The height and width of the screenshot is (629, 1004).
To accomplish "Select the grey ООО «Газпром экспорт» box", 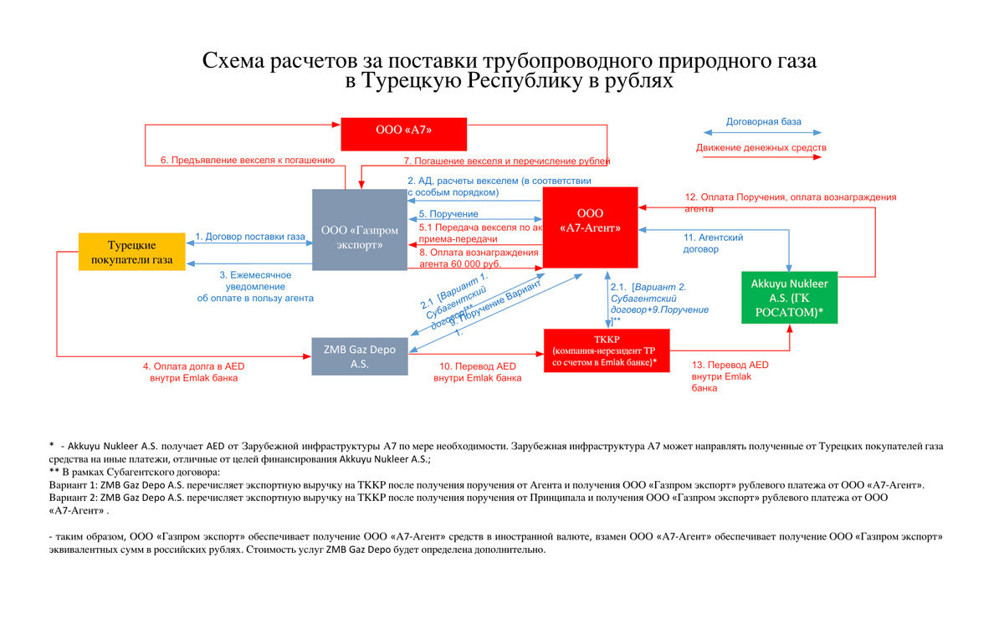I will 360,229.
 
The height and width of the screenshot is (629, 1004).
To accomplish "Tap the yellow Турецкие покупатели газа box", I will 132,253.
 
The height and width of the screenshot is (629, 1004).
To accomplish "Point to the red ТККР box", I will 607,350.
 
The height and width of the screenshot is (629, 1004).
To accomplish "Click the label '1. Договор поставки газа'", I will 249,237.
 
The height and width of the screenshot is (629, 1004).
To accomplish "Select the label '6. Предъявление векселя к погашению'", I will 248,160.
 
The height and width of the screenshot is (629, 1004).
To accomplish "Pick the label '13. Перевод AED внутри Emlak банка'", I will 729,376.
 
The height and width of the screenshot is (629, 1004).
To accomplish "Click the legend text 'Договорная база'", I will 763,122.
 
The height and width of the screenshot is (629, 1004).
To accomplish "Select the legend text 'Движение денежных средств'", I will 761,148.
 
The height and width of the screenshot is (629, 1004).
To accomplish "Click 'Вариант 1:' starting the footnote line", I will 74,485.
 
